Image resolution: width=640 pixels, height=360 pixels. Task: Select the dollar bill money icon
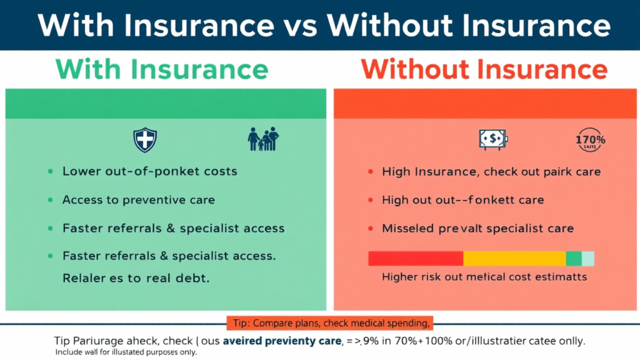click(x=493, y=140)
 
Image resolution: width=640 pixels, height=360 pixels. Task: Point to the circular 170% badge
click(x=589, y=140)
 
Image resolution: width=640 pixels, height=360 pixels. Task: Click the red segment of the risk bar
click(x=416, y=259)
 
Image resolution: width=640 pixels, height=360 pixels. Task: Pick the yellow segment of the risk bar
click(x=514, y=259)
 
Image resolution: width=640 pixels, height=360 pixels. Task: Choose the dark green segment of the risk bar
click(x=574, y=259)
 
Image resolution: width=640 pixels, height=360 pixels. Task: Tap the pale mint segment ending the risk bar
click(x=588, y=259)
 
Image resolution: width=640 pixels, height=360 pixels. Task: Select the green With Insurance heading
click(x=162, y=69)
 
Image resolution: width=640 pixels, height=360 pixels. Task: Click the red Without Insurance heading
click(x=484, y=69)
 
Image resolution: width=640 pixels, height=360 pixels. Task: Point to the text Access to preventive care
click(x=138, y=200)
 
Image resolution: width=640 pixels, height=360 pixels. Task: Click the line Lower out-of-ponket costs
click(x=149, y=171)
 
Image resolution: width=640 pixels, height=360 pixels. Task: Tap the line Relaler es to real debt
click(x=136, y=278)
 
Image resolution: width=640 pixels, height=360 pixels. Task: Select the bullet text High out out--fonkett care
click(x=462, y=200)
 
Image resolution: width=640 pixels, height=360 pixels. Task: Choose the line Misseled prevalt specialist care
click(x=477, y=229)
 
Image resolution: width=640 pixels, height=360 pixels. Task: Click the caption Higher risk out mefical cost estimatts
click(x=484, y=276)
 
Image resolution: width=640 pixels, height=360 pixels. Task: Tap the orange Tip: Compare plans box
click(x=329, y=323)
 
